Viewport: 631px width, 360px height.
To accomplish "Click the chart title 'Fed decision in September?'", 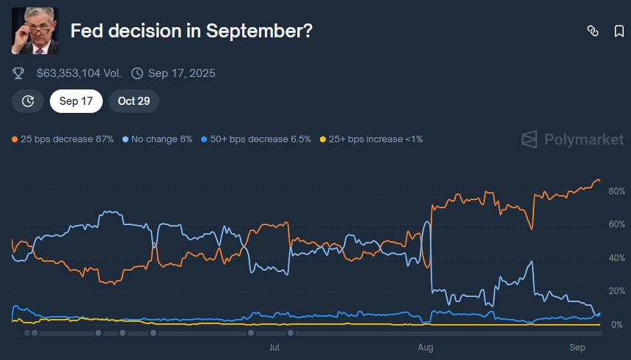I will point(191,31).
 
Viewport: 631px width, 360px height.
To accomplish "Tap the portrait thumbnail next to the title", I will point(35,31).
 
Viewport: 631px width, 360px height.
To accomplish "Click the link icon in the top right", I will point(593,31).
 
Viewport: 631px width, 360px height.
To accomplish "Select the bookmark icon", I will point(619,31).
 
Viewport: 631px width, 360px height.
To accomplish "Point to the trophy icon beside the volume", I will point(19,73).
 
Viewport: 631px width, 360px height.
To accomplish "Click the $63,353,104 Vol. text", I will point(79,73).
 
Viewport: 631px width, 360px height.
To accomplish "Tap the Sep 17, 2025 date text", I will point(181,73).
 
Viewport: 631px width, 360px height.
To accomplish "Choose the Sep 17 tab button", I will point(76,101).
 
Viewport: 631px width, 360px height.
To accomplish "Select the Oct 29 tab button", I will point(134,101).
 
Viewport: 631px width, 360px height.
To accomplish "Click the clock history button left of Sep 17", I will point(28,101).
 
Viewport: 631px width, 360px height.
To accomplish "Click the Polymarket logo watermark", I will point(573,139).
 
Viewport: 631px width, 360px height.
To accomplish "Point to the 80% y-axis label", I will point(616,191).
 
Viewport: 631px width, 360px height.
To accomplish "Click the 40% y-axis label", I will point(616,258).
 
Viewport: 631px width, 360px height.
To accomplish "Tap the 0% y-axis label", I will point(618,325).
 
